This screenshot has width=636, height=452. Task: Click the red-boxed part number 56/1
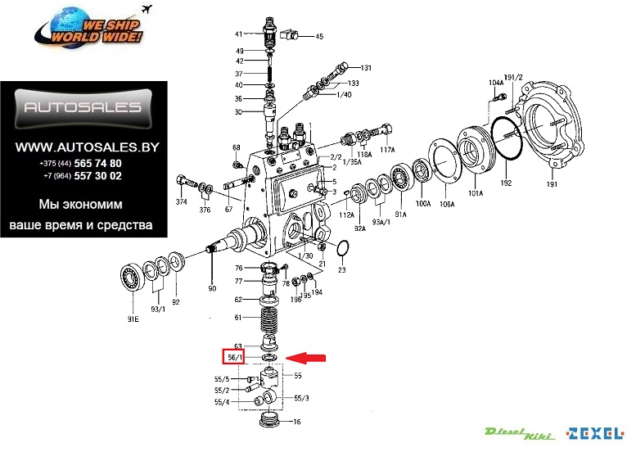click(x=235, y=357)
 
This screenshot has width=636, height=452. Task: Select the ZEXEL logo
click(x=595, y=432)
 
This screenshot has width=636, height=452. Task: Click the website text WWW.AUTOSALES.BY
click(x=88, y=147)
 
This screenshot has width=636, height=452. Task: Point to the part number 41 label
click(x=239, y=34)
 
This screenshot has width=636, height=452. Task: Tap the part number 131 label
click(x=366, y=68)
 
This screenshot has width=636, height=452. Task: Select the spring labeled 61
click(x=269, y=316)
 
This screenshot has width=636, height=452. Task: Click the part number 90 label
click(x=212, y=288)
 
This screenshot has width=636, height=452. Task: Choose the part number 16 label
click(x=297, y=423)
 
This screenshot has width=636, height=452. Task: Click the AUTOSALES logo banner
click(x=83, y=107)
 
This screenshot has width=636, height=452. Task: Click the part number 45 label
click(x=319, y=37)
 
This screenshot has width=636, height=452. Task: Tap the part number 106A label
click(x=447, y=204)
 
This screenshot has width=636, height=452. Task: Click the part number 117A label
click(x=387, y=150)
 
